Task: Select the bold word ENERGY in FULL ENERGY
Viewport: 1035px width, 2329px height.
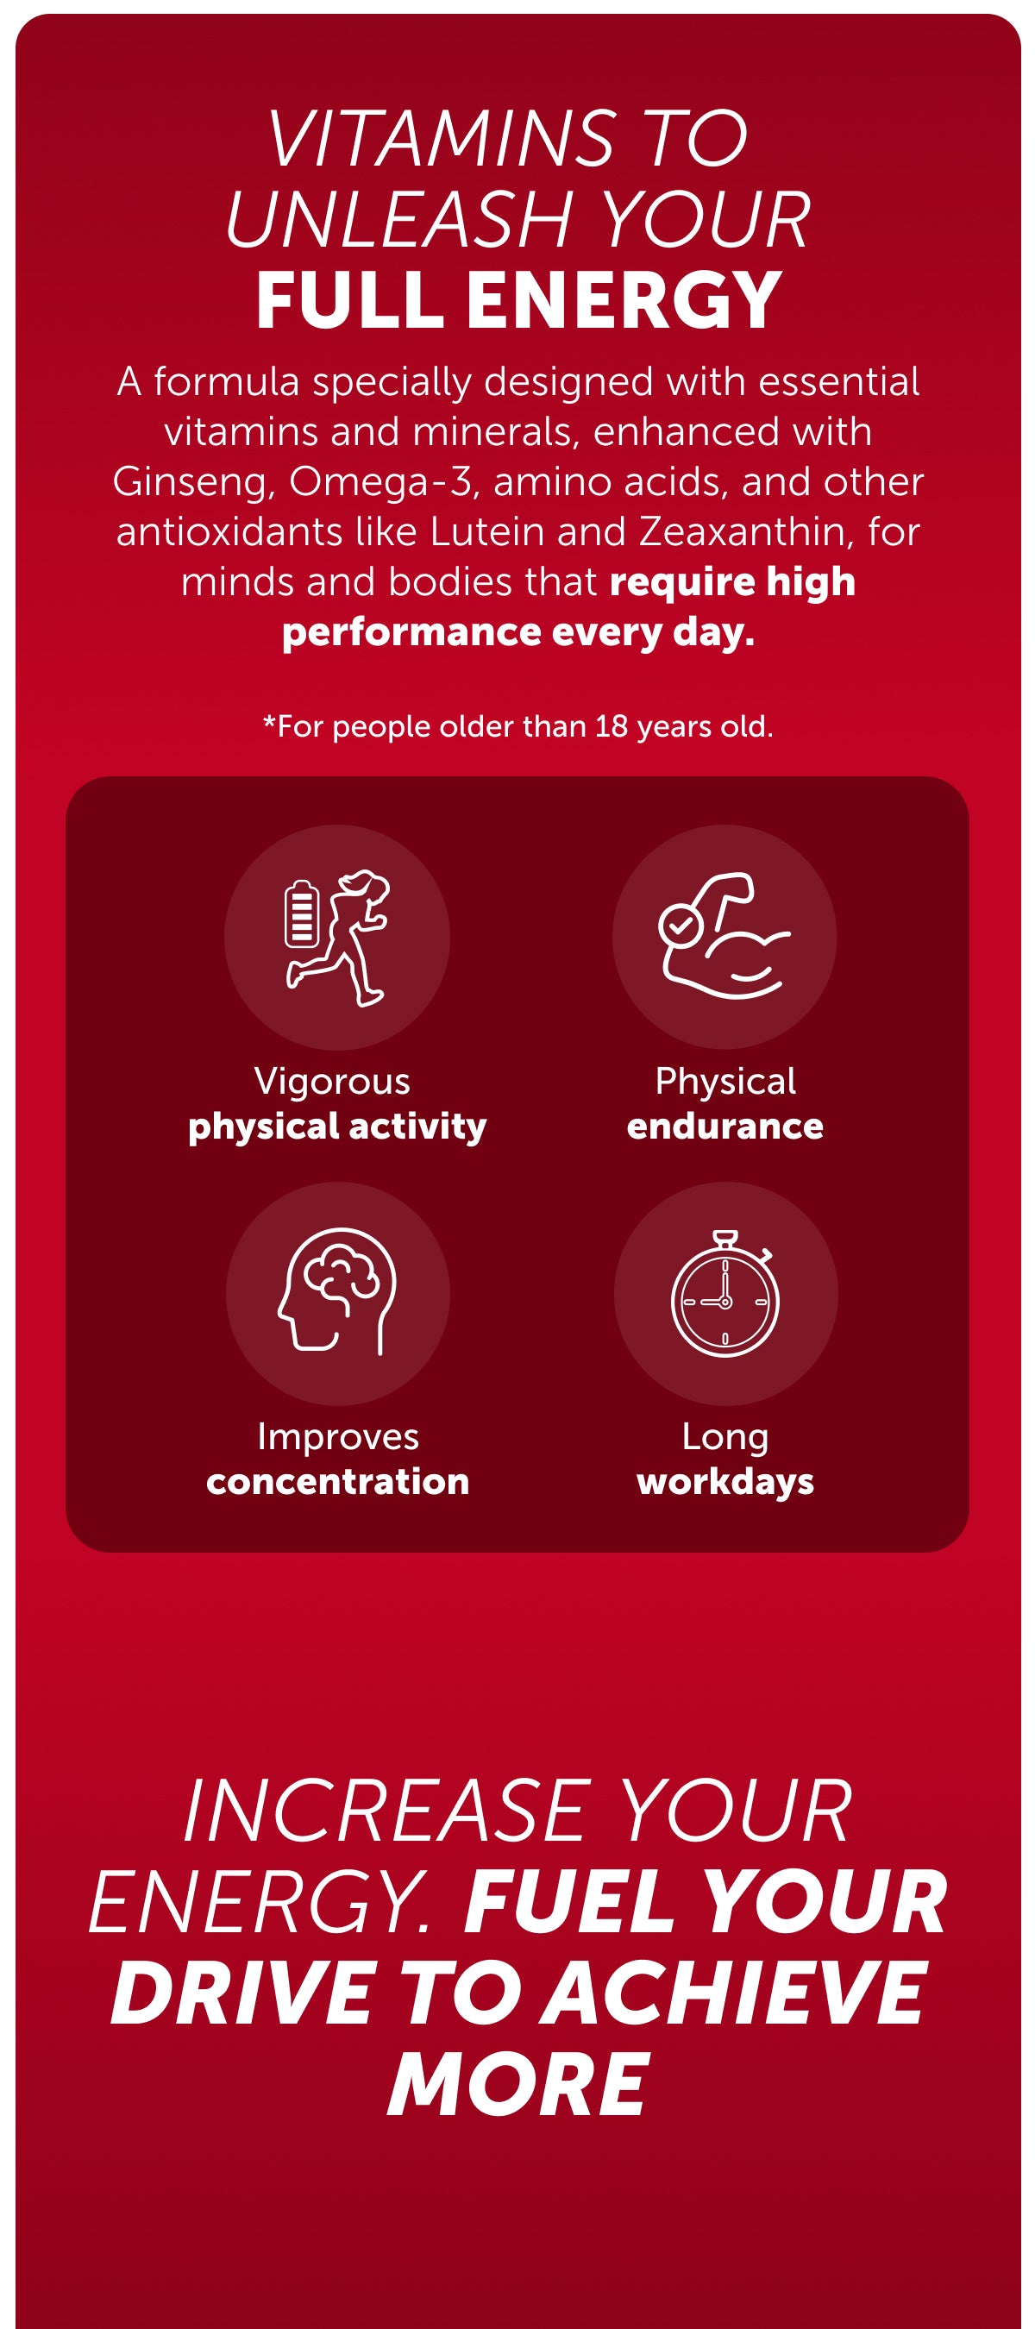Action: pos(624,300)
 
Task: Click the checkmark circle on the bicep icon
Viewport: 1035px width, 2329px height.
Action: pos(681,925)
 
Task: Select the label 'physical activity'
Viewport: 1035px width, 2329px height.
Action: pos(337,1127)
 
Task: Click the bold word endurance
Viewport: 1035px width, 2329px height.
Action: pos(725,1127)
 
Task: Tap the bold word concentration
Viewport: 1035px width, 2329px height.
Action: pos(338,1482)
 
